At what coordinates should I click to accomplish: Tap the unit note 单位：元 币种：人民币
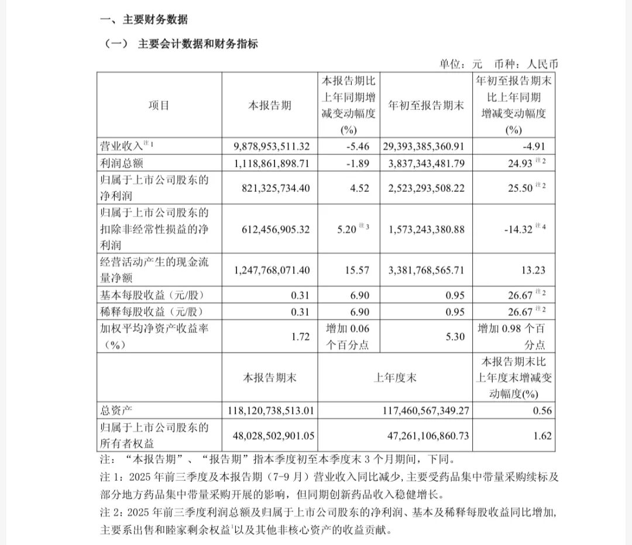point(495,64)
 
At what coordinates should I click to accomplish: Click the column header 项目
point(159,106)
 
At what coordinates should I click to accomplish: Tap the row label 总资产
point(116,410)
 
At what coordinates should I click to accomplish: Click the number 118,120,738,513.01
point(270,410)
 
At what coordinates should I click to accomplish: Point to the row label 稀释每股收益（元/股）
point(153,311)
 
